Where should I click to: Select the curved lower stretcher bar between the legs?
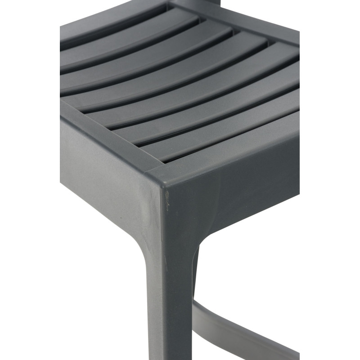point(234,331)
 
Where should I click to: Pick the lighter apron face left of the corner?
point(108,180)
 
